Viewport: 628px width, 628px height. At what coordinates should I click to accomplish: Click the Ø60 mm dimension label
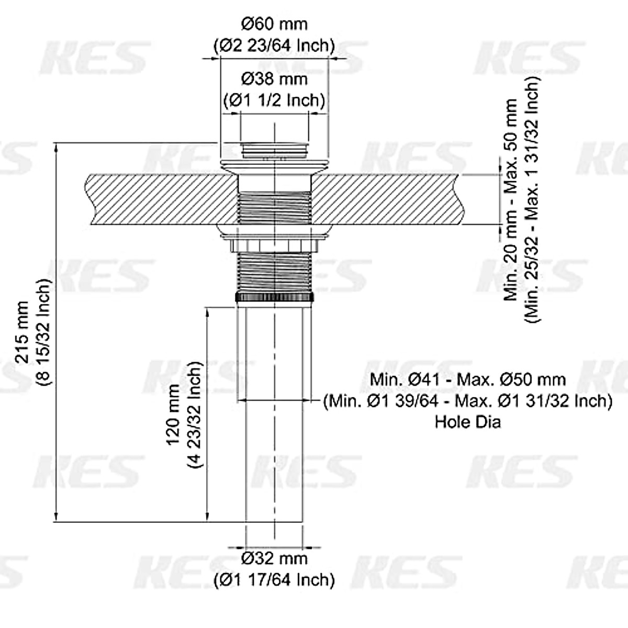pos(274,24)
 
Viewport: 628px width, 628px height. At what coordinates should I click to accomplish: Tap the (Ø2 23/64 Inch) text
pos(274,46)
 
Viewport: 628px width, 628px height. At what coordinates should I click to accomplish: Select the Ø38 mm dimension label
pos(274,79)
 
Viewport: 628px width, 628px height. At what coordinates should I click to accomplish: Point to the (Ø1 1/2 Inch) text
pos(274,99)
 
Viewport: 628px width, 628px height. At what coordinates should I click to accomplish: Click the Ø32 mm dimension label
pos(274,558)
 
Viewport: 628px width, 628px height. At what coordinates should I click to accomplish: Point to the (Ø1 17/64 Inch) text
pos(274,579)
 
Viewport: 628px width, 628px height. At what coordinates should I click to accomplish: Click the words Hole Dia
pos(467,421)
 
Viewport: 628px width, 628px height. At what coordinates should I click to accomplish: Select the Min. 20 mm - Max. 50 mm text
pos(511,199)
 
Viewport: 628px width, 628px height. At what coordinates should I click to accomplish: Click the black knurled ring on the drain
pos(275,297)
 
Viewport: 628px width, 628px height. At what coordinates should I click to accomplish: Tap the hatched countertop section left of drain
pos(157,199)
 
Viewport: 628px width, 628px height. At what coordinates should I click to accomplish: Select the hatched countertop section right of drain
pos(387,199)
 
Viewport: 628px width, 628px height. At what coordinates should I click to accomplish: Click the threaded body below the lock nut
pos(275,272)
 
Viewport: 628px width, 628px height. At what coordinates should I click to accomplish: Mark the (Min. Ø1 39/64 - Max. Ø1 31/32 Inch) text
pos(467,401)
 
